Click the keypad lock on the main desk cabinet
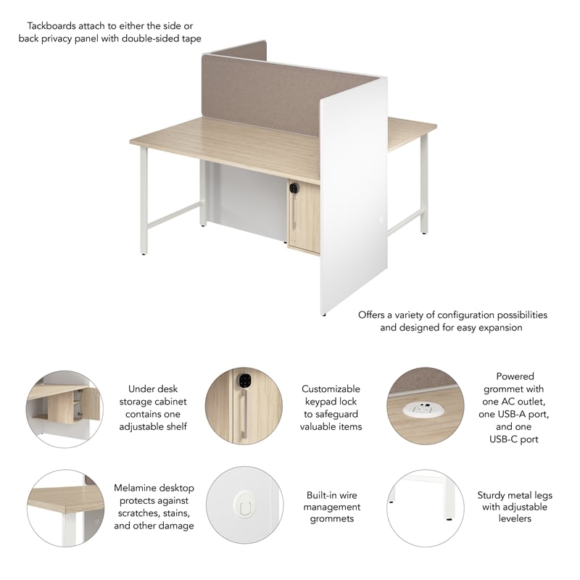click(x=294, y=188)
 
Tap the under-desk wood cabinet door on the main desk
click(x=304, y=217)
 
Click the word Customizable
click(x=331, y=389)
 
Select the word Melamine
click(x=136, y=488)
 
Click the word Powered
click(x=515, y=376)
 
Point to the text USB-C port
click(x=515, y=439)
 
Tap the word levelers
click(x=515, y=518)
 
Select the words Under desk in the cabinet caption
click(x=153, y=389)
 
